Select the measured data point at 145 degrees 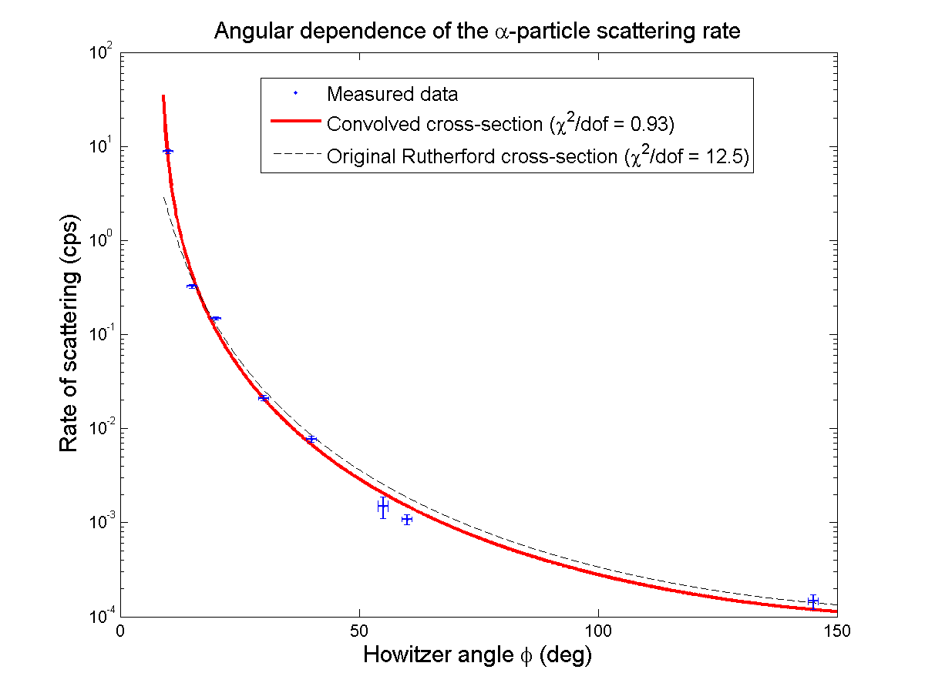[x=812, y=601]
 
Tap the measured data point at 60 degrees [x=407, y=520]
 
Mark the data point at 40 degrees [x=311, y=439]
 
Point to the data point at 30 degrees [x=264, y=398]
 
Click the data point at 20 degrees [x=216, y=318]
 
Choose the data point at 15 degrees [x=192, y=286]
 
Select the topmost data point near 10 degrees [x=168, y=151]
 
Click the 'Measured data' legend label [x=392, y=95]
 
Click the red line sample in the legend [x=295, y=124]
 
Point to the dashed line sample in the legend [x=295, y=156]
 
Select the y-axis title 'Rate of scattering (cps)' [x=69, y=333]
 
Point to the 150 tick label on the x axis [x=837, y=631]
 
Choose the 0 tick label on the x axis [x=120, y=631]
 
